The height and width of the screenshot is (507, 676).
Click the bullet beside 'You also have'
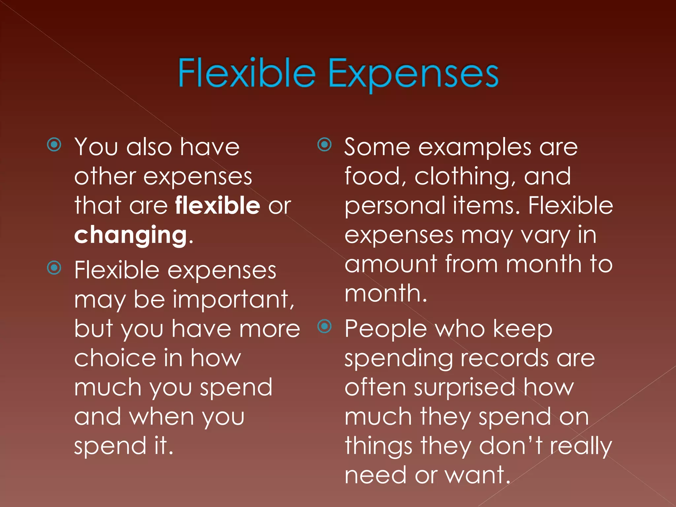[54, 145]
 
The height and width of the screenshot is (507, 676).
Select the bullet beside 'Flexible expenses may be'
[54, 268]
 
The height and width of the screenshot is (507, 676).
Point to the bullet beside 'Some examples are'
[324, 145]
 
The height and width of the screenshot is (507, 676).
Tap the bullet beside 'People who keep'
[324, 326]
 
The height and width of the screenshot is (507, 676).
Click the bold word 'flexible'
[218, 205]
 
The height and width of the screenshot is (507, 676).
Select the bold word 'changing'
[131, 235]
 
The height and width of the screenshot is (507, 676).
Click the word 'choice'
[115, 358]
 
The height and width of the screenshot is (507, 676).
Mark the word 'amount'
[391, 264]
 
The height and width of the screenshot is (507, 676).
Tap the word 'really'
[581, 446]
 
